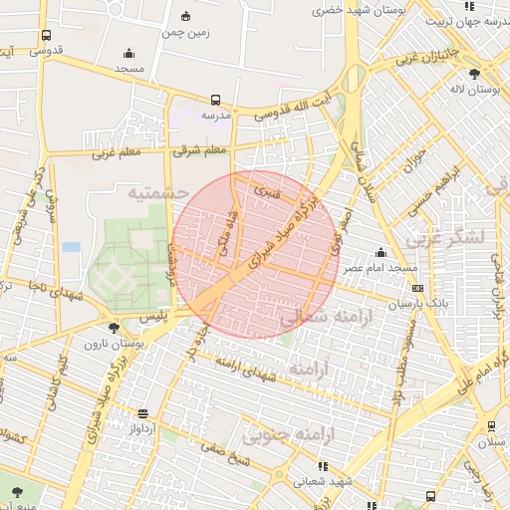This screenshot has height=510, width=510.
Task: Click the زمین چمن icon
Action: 186,17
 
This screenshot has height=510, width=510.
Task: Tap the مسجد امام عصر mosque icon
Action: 380,253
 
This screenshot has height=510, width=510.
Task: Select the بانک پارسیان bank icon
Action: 416,289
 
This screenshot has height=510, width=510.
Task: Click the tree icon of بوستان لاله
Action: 473,74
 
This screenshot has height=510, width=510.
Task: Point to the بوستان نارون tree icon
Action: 115,327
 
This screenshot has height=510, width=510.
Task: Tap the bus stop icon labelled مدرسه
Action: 216,100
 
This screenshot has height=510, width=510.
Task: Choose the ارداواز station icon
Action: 143,412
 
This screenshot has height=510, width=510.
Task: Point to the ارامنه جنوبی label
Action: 290,435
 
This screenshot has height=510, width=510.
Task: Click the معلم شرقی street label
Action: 200,150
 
